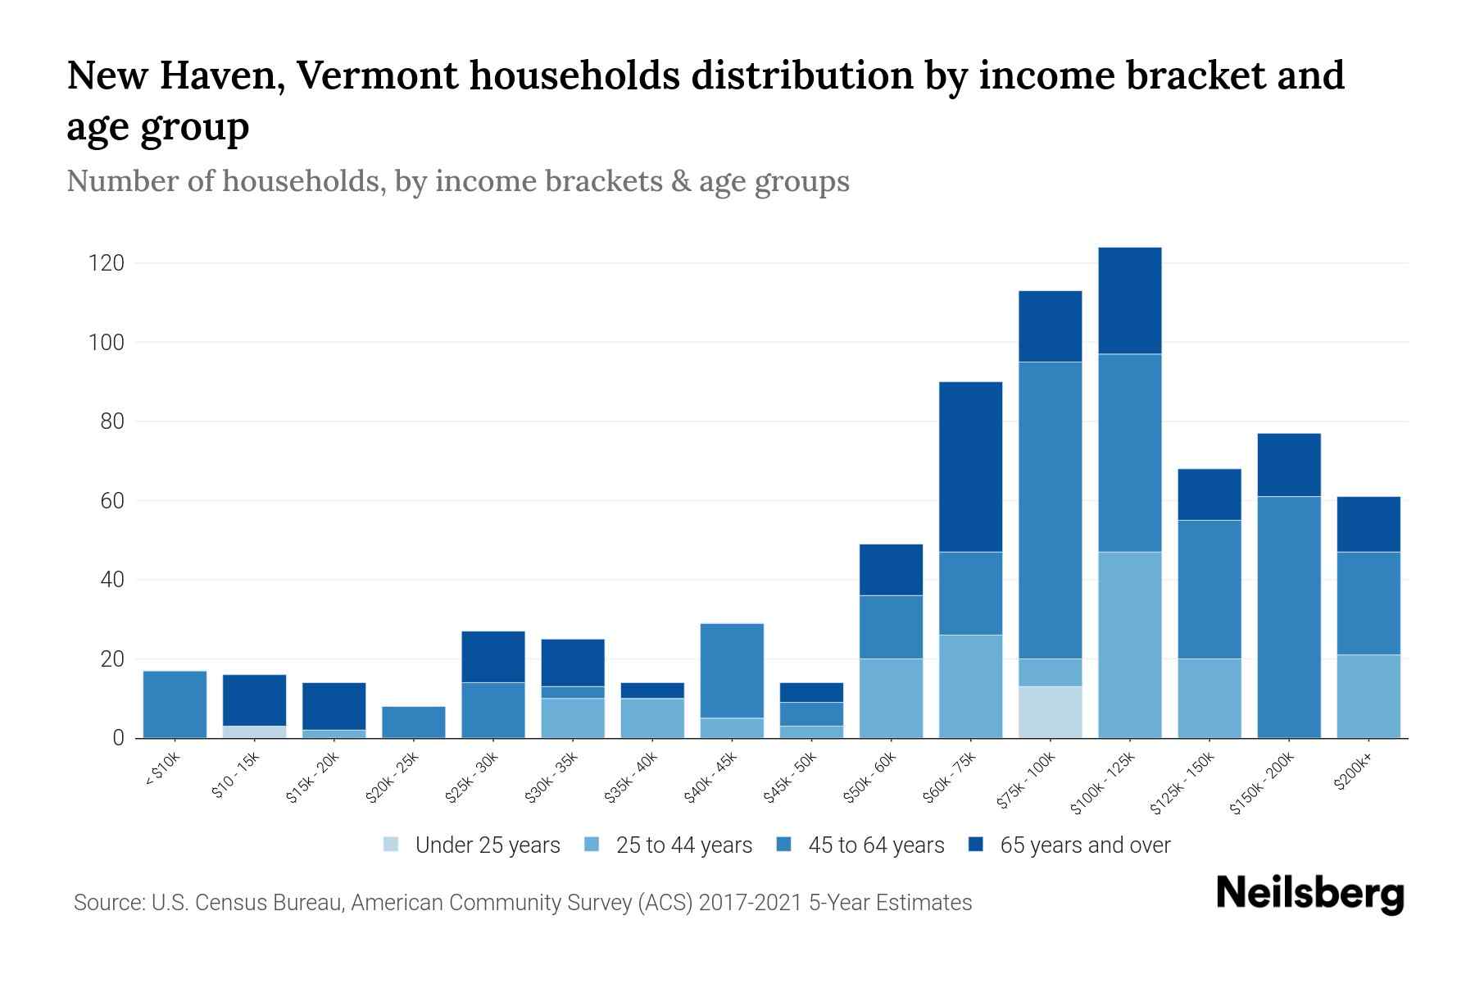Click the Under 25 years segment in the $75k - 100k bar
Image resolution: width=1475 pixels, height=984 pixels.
[x=1050, y=712]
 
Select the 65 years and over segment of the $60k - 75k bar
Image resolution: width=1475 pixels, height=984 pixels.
[x=970, y=467]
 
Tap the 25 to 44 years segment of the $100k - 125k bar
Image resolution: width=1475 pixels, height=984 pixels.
[x=1129, y=645]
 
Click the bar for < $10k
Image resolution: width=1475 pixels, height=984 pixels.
[x=175, y=704]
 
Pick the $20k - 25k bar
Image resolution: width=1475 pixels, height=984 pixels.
[x=414, y=722]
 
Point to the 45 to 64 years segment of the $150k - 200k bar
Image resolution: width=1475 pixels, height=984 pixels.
[x=1289, y=617]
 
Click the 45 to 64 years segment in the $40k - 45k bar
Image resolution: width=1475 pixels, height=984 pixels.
[x=732, y=671]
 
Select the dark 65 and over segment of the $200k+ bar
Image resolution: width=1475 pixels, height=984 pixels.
[x=1368, y=524]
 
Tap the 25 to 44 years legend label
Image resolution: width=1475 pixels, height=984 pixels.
[x=683, y=845]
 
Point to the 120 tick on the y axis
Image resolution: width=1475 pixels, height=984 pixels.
[x=107, y=263]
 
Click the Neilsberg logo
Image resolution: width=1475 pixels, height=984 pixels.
[x=1309, y=894]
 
